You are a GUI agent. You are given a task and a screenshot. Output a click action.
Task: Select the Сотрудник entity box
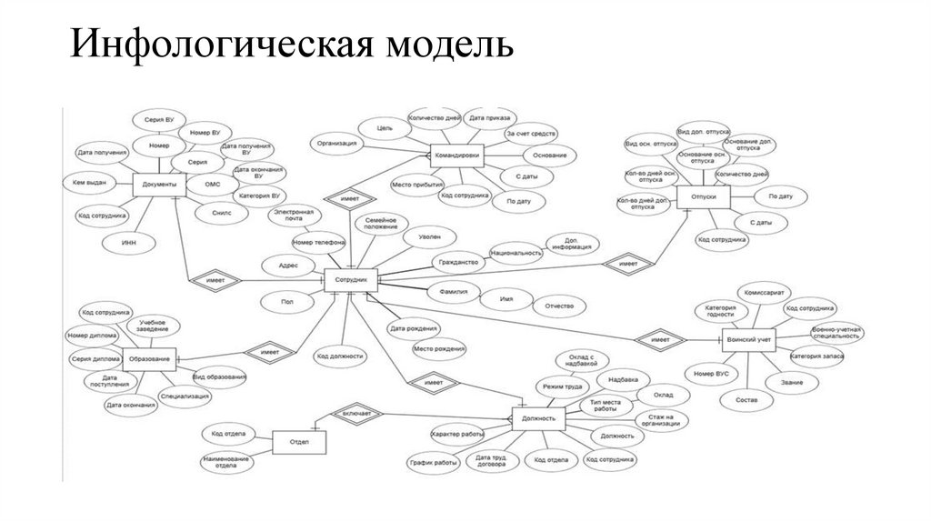(x=350, y=282)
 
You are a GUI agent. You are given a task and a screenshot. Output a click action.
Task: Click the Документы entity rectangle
(x=160, y=186)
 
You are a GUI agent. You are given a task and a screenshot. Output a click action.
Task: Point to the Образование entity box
(x=148, y=359)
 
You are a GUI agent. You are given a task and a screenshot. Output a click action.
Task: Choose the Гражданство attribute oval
(x=457, y=262)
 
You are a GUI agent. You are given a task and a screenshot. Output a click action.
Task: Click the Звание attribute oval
(x=791, y=383)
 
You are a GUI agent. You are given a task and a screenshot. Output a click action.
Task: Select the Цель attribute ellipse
(x=385, y=130)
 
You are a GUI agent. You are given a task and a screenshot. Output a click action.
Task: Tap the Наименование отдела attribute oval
(x=226, y=463)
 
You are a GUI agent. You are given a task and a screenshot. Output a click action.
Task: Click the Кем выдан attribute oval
(x=90, y=184)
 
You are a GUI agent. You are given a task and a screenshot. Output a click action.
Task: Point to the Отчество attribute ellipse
(x=559, y=306)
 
